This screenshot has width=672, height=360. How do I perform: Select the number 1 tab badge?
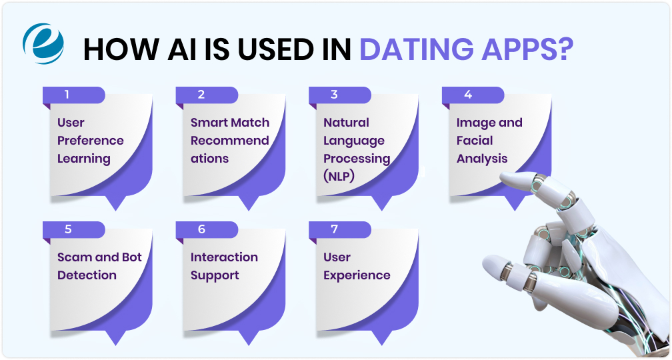67,95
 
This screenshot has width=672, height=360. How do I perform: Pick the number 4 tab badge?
468,95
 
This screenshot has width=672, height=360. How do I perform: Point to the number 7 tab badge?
334,229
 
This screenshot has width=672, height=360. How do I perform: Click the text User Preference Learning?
90,141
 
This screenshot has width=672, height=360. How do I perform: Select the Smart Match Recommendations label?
229,141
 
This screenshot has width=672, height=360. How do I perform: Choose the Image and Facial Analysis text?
489,141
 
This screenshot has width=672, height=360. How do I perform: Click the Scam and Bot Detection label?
99,266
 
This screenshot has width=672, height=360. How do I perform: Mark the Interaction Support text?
224,266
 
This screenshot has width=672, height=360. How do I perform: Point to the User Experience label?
357,266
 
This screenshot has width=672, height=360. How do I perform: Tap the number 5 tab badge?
67,229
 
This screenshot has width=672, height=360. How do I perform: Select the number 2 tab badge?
201,95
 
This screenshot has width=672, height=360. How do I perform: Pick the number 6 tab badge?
201,229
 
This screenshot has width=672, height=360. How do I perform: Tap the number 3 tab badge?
334,95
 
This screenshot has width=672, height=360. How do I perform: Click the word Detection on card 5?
87,275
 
